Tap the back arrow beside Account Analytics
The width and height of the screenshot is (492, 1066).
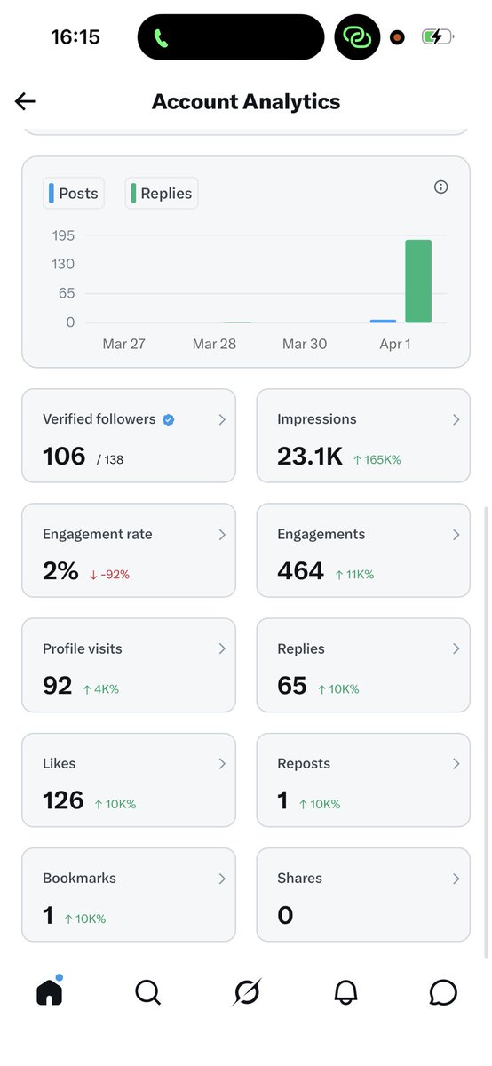pos(25,101)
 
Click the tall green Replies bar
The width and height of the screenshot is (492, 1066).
pos(418,281)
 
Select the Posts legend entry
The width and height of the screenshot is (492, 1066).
pos(74,194)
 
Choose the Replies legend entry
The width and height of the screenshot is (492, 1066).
pos(162,194)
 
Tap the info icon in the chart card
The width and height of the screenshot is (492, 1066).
pos(440,187)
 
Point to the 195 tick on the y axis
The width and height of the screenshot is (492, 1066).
pos(63,235)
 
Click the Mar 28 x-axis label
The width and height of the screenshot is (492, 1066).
pos(214,344)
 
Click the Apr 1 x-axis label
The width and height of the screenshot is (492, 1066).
pos(394,344)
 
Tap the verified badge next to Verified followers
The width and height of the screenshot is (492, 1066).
pos(169,419)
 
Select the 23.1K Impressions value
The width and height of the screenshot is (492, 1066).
pos(309,457)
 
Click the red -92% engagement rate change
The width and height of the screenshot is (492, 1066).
pos(109,575)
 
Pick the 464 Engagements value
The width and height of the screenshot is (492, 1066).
pos(300,571)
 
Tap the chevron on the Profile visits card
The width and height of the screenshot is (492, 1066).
pos(222,649)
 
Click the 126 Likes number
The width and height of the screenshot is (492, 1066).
pos(63,800)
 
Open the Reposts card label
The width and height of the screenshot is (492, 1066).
pos(304,764)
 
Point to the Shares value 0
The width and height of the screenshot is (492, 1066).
pos(285,916)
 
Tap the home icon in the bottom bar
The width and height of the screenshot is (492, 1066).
pos(50,993)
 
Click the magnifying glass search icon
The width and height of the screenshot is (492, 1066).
pos(147,993)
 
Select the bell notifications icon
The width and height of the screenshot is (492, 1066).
pos(345,993)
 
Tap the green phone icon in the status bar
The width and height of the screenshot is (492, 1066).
pos(161,38)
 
